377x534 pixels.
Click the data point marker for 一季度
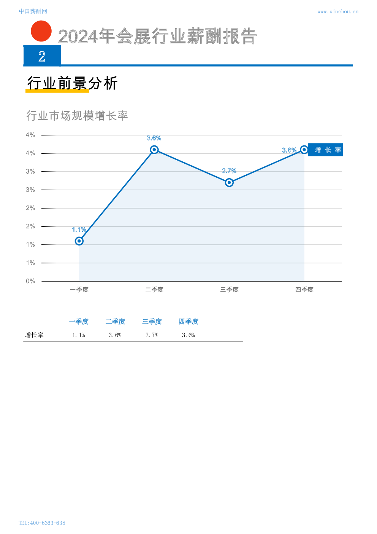(x=79, y=241)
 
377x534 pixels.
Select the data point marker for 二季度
(x=154, y=150)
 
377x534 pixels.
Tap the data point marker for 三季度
(x=229, y=182)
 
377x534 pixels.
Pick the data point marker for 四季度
(x=304, y=150)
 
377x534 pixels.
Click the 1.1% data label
(x=79, y=230)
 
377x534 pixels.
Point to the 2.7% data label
(x=229, y=171)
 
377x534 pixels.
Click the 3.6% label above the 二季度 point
(x=154, y=138)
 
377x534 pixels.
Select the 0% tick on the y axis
(x=30, y=281)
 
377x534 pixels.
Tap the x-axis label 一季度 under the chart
(x=79, y=290)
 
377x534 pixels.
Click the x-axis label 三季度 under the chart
(x=229, y=290)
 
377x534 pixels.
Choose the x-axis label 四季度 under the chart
(x=304, y=290)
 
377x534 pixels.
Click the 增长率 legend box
(x=326, y=150)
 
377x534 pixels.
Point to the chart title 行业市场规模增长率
(x=77, y=116)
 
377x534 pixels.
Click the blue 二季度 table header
(x=115, y=322)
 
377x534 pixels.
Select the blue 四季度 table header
(x=188, y=322)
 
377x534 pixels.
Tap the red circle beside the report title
(x=41, y=31)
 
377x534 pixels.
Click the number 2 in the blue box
(x=42, y=57)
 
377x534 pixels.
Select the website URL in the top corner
(x=337, y=12)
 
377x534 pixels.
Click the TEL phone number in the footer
(x=42, y=523)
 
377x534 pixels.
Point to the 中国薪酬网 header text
(x=33, y=12)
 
